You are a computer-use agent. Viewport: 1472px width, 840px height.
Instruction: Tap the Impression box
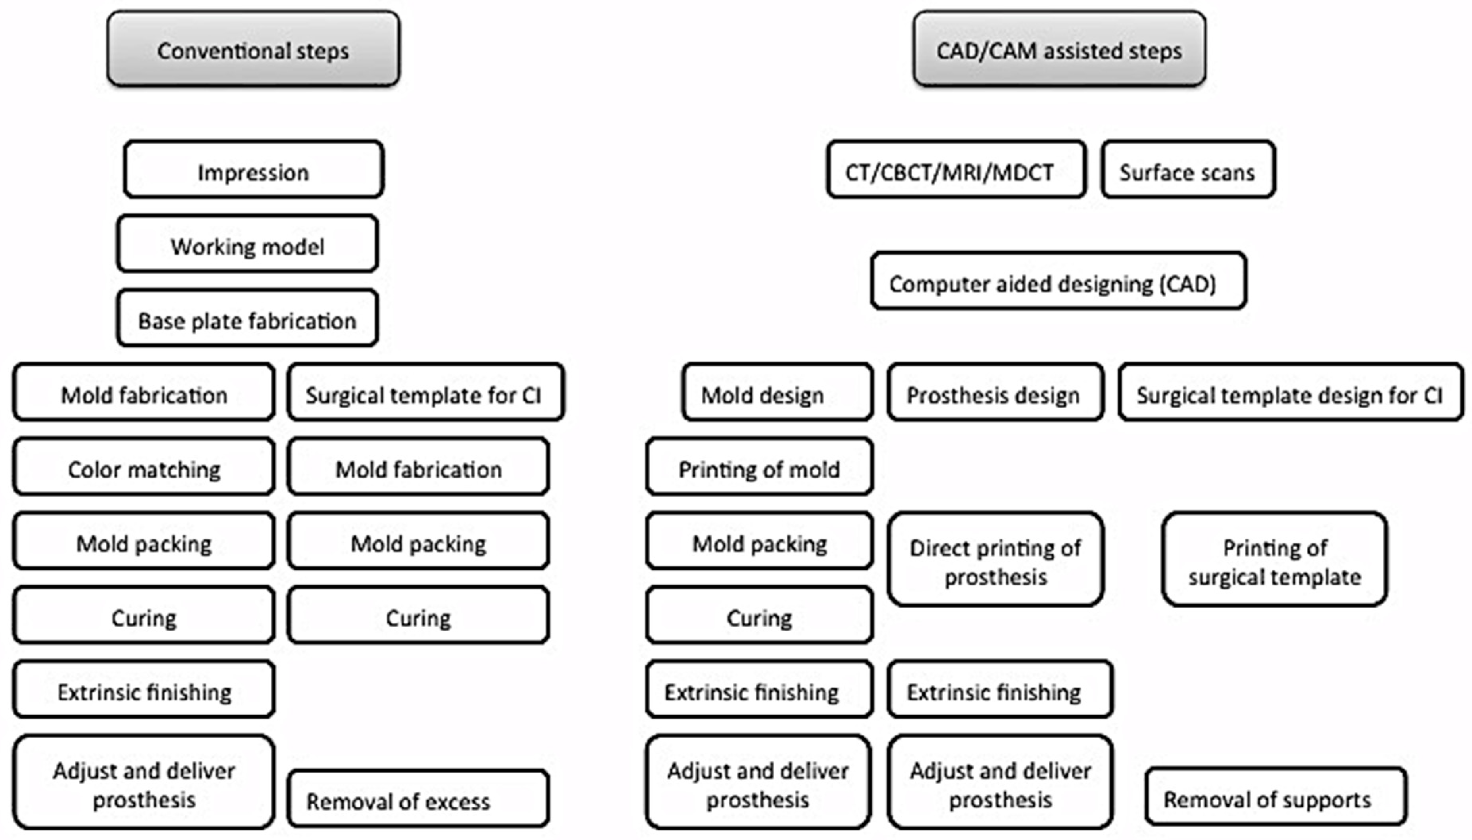click(254, 170)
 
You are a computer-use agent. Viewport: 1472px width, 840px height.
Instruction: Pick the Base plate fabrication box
click(248, 318)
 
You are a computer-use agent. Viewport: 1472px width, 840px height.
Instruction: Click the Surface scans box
click(1187, 170)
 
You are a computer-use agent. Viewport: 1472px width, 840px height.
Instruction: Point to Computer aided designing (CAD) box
click(1058, 282)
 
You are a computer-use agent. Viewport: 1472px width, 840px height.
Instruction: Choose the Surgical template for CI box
click(425, 393)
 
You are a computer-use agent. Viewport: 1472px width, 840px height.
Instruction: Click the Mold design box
click(777, 393)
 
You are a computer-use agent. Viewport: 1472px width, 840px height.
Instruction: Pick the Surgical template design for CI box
click(1290, 393)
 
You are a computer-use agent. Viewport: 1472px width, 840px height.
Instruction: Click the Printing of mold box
click(759, 467)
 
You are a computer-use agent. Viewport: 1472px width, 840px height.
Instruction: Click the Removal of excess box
click(418, 799)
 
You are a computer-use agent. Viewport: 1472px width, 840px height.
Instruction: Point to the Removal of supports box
click(1276, 797)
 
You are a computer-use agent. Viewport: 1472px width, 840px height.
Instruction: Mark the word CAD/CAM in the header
click(986, 51)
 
